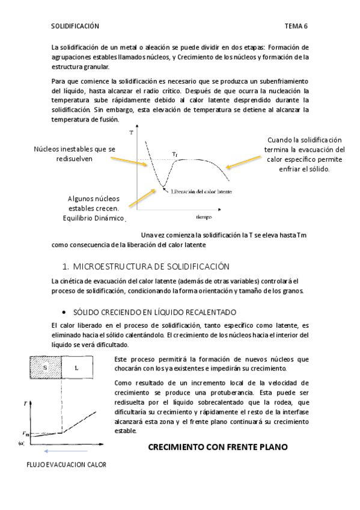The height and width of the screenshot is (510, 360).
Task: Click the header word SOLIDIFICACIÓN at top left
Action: pyautogui.click(x=75, y=27)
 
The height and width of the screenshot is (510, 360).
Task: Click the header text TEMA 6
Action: pyautogui.click(x=296, y=27)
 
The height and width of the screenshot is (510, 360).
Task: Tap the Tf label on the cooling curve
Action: pyautogui.click(x=175, y=155)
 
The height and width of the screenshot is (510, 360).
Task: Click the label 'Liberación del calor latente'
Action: pyautogui.click(x=201, y=191)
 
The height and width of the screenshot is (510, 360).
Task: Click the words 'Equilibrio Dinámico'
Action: pyautogui.click(x=93, y=218)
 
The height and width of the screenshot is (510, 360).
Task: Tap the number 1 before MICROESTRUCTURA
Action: pyautogui.click(x=64, y=266)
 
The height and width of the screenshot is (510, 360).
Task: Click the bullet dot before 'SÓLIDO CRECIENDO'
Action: pyautogui.click(x=64, y=313)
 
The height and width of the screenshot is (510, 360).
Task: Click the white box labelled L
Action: pyautogui.click(x=77, y=366)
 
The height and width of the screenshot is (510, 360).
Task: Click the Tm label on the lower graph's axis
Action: pyautogui.click(x=25, y=433)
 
